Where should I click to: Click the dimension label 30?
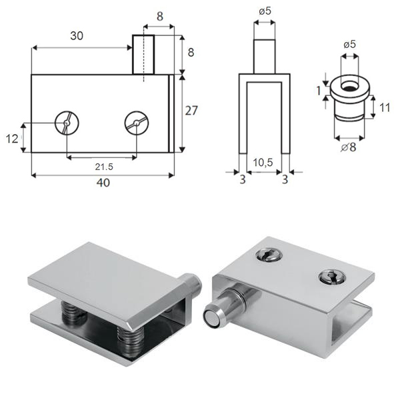tap(77, 36)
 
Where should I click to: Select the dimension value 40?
tap(103, 183)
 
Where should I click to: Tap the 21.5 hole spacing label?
tap(104, 167)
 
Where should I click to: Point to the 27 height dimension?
tap(191, 111)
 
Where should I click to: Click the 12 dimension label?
tap(12, 139)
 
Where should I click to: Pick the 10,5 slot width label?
tap(263, 163)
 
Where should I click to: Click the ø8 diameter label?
tap(349, 147)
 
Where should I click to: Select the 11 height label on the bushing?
tap(385, 107)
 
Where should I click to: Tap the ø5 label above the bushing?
tap(349, 45)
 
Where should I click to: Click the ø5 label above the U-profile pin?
tap(265, 11)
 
